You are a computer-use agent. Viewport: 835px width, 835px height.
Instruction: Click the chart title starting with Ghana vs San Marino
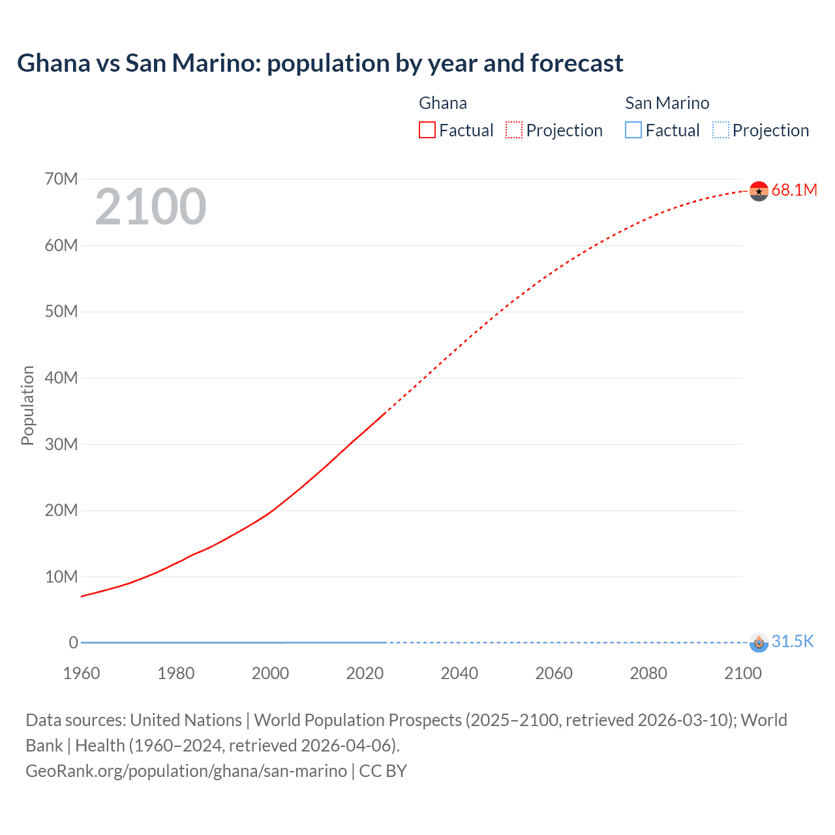(x=320, y=63)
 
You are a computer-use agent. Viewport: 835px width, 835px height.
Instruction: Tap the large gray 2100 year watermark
(x=151, y=207)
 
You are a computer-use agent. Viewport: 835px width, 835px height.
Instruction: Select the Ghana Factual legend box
(x=427, y=130)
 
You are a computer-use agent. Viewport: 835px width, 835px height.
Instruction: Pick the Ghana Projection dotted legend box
(x=514, y=130)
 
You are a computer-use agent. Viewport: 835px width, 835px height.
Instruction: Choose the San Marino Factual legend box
(x=633, y=130)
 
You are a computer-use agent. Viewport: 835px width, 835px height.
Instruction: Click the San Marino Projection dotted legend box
(x=720, y=130)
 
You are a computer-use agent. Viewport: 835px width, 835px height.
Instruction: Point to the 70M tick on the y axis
(x=61, y=179)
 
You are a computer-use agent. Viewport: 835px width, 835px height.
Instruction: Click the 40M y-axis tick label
(x=61, y=378)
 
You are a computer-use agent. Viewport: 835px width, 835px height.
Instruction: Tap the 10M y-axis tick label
(x=61, y=577)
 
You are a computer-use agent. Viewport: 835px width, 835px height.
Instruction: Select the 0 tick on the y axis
(x=73, y=643)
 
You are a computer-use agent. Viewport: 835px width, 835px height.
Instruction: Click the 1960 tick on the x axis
(x=82, y=673)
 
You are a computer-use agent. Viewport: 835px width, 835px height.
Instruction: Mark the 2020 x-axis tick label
(x=365, y=673)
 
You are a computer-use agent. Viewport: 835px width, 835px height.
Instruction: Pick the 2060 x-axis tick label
(x=554, y=673)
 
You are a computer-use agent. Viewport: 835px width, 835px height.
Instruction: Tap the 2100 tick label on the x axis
(x=742, y=673)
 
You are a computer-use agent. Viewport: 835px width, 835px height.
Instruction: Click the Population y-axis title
(x=27, y=405)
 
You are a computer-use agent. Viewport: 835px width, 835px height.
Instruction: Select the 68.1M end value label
(x=794, y=190)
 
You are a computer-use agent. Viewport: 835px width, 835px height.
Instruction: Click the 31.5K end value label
(x=793, y=641)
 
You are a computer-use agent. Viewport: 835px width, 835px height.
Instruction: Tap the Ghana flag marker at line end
(x=759, y=190)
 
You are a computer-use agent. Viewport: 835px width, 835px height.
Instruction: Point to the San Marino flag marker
(x=759, y=643)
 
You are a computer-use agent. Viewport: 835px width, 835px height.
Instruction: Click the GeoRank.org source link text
(x=186, y=770)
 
